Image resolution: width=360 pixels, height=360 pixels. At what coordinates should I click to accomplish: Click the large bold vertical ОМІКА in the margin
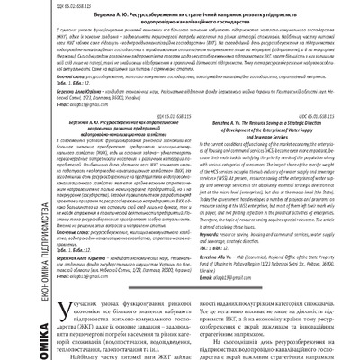click(x=11, y=333)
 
